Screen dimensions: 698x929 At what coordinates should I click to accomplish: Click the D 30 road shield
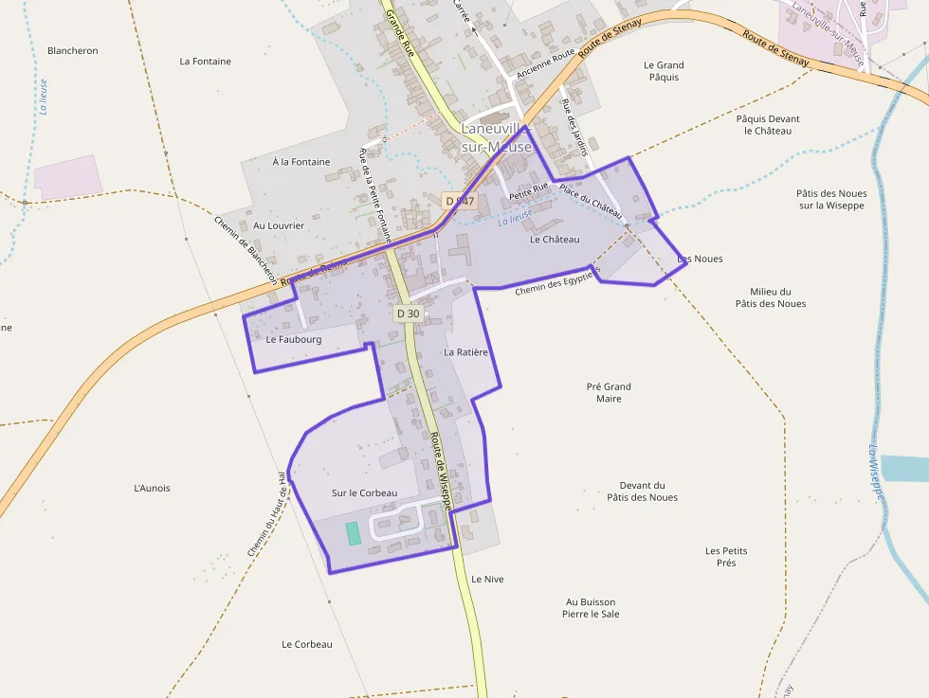tap(408, 313)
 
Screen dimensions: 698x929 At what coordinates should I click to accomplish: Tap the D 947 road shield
tap(459, 201)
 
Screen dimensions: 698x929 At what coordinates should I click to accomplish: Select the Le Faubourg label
tap(294, 339)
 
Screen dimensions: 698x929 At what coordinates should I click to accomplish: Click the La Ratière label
tap(465, 352)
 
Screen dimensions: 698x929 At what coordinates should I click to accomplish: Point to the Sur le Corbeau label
tap(364, 493)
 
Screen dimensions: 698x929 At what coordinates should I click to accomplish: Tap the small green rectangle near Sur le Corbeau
tap(353, 533)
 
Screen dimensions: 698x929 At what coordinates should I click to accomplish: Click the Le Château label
tap(555, 240)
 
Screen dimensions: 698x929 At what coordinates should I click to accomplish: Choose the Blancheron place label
tap(73, 51)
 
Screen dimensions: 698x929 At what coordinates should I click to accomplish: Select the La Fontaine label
tap(206, 62)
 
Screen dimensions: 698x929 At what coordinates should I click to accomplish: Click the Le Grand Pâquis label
tap(664, 71)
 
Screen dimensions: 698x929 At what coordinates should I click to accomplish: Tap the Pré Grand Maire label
tap(609, 393)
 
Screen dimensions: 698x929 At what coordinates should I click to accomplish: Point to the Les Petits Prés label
tap(726, 557)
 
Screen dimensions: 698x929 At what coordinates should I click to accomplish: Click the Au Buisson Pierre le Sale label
tap(591, 608)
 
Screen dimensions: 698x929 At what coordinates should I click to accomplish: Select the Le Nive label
tap(487, 579)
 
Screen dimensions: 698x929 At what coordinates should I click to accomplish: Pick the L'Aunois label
tap(153, 489)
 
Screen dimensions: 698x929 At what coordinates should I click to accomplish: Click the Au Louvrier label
tap(279, 226)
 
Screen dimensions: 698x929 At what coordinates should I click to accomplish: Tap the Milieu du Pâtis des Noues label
tap(771, 297)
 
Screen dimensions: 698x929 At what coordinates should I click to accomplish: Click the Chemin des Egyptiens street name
tap(557, 282)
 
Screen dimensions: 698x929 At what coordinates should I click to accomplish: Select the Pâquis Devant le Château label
tap(768, 125)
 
